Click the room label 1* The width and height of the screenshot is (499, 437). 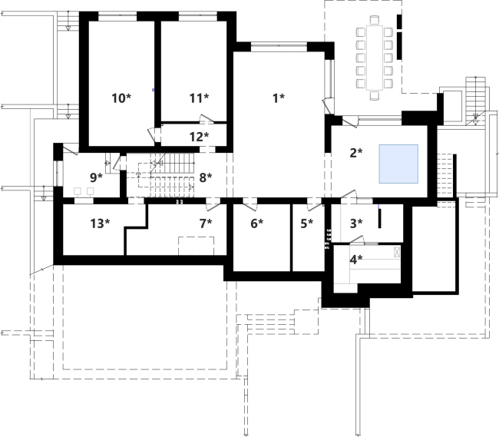click(x=279, y=98)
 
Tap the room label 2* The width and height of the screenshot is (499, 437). click(x=356, y=153)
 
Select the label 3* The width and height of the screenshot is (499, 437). click(x=356, y=223)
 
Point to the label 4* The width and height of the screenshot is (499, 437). click(x=356, y=260)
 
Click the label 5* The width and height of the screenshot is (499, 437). click(x=307, y=223)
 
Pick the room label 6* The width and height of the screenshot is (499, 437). click(x=257, y=223)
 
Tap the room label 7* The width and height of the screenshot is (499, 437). click(x=206, y=223)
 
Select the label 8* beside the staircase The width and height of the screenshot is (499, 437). click(x=206, y=177)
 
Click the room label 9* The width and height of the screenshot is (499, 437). click(x=97, y=177)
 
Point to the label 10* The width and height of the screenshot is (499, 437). click(x=121, y=98)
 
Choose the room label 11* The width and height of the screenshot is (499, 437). click(x=200, y=98)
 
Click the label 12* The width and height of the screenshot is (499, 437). click(x=200, y=137)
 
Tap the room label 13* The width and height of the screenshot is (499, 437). click(x=100, y=223)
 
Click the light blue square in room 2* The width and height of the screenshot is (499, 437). click(x=398, y=164)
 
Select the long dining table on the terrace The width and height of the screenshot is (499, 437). click(x=375, y=58)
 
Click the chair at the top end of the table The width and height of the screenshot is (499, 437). click(x=375, y=20)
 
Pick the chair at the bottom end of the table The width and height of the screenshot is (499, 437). click(x=375, y=95)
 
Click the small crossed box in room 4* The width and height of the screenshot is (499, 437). click(x=397, y=252)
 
